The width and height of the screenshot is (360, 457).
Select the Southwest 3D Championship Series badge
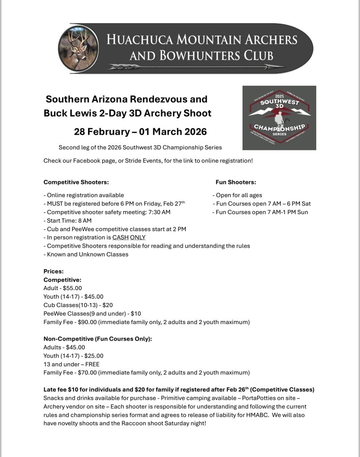coord(279,118)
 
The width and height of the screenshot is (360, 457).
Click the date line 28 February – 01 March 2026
coord(140,132)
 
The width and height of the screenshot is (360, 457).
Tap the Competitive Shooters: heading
coord(76,182)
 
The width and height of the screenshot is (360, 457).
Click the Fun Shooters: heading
coord(236,182)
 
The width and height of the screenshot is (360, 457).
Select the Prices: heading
coord(54,271)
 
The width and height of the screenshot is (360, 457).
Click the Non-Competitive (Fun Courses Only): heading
coord(98,339)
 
